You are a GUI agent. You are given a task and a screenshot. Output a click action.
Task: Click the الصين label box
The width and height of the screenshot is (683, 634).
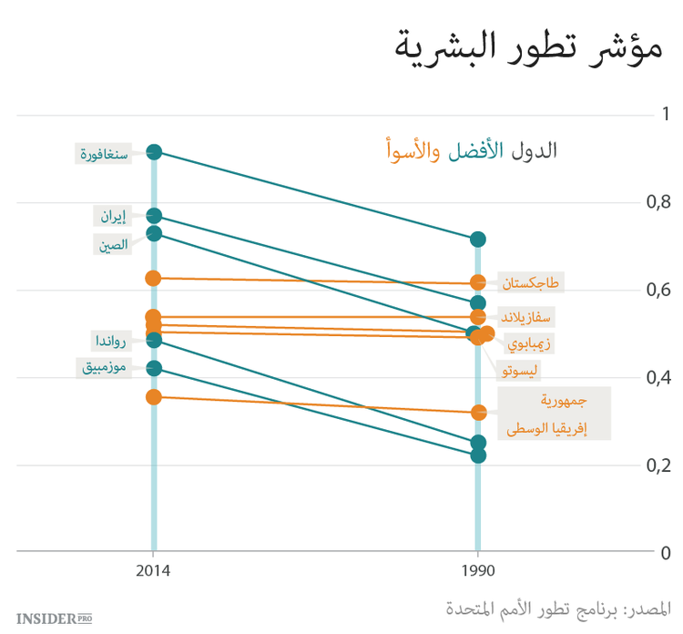[114, 243]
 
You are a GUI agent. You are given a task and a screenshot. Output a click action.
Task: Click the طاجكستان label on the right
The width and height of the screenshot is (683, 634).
[532, 283]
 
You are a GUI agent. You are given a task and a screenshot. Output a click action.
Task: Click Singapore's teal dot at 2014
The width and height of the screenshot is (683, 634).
[154, 152]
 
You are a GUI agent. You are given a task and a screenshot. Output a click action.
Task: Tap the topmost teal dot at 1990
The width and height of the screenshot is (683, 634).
[478, 240]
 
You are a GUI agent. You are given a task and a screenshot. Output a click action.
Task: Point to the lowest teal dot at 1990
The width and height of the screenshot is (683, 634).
[478, 455]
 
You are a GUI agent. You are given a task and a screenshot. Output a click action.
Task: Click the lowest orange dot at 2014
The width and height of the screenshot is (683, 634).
[154, 397]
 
